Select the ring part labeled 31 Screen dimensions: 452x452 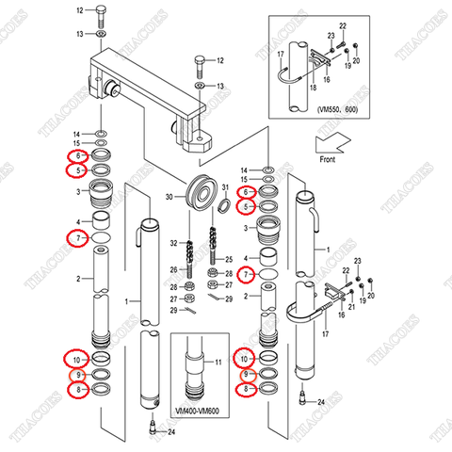click(226, 203)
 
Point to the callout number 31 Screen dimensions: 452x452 click(226, 188)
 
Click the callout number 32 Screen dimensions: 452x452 click(173, 244)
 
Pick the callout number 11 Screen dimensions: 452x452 click(219, 362)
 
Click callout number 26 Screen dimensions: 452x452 click(173, 270)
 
